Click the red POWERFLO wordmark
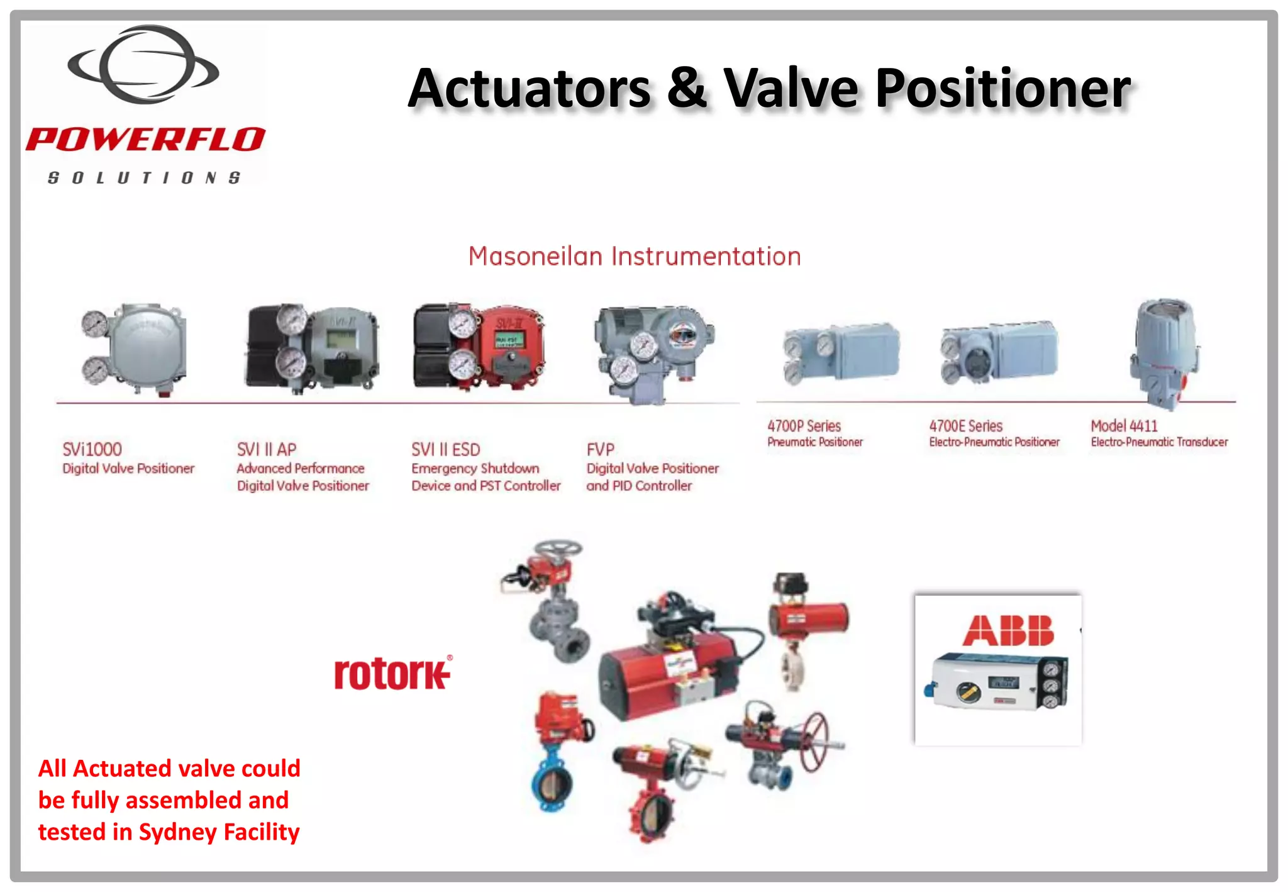click(x=145, y=139)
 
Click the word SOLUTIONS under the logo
click(x=144, y=178)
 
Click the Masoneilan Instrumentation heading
click(x=634, y=257)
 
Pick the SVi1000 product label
click(x=92, y=449)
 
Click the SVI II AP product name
click(x=266, y=449)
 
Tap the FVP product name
click(x=600, y=449)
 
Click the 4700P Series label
click(x=804, y=426)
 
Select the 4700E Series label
click(x=965, y=426)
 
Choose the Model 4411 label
click(x=1124, y=426)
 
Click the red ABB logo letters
click(x=1008, y=631)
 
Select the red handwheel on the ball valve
click(x=815, y=742)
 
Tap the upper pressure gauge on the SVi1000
click(x=94, y=323)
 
